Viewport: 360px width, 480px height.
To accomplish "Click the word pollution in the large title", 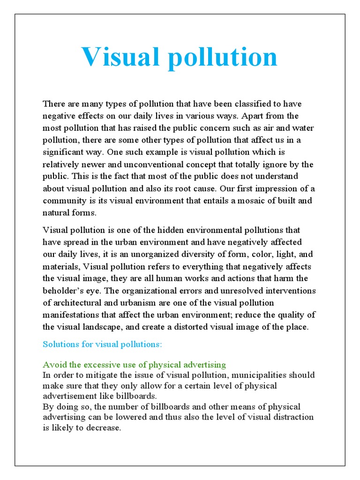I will point(222,58).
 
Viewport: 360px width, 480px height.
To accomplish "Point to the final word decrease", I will point(104,428).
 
